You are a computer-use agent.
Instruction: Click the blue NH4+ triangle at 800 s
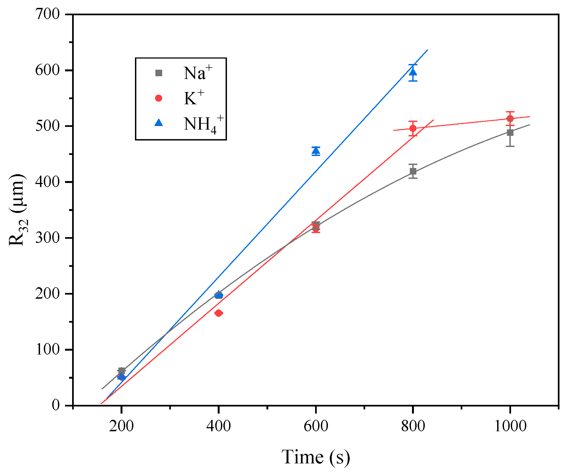[x=413, y=72]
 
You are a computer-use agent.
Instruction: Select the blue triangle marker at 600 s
[x=316, y=151]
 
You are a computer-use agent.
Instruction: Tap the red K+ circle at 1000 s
[x=510, y=118]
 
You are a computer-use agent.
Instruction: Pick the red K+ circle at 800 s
[x=413, y=128]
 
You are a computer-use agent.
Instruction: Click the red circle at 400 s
[x=218, y=313]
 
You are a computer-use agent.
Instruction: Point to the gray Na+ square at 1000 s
[x=510, y=133]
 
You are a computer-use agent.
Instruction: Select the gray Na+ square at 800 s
[x=413, y=171]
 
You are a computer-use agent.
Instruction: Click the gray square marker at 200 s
[x=122, y=371]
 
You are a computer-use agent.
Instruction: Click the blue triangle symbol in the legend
[x=159, y=123]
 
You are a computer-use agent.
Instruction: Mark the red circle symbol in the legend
[x=159, y=98]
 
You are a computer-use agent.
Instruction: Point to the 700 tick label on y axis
[x=47, y=14]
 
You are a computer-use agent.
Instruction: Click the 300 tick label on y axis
[x=47, y=238]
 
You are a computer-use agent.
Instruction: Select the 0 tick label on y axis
[x=56, y=405]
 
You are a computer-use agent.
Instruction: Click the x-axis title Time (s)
[x=316, y=457]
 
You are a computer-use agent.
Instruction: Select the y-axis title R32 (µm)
[x=18, y=210]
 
